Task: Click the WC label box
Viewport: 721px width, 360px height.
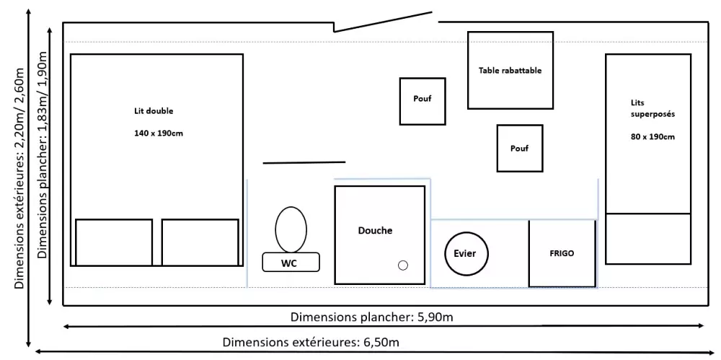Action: pos(291,263)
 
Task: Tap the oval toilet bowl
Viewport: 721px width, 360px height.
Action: pos(291,229)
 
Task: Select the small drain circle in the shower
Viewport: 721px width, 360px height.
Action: pos(403,265)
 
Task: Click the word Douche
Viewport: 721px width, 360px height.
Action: pos(376,231)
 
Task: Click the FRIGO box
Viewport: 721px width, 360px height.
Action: pos(562,254)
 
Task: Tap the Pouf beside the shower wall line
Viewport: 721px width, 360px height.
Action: pos(423,100)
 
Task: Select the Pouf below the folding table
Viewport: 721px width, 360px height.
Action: pos(519,148)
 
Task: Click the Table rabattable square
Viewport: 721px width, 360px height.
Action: pos(510,70)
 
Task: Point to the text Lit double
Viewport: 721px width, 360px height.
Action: pos(154,111)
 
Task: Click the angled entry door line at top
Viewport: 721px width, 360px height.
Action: pos(383,22)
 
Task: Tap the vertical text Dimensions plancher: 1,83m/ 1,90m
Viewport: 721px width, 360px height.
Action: pos(43,166)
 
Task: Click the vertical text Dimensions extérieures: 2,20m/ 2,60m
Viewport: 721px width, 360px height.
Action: pos(19,178)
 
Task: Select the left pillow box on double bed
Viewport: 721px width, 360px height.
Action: pos(114,242)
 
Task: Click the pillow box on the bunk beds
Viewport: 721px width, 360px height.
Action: pos(648,238)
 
